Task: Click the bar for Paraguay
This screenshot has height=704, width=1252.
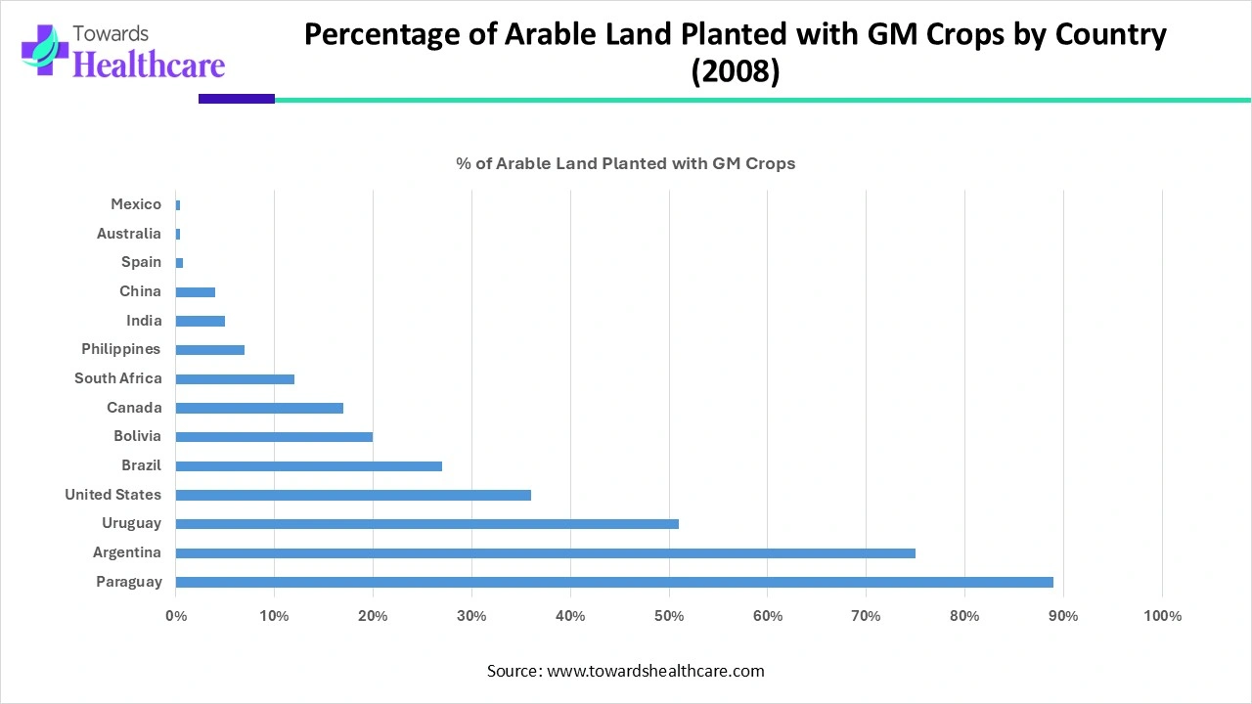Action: pyautogui.click(x=614, y=582)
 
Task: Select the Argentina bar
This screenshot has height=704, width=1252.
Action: pyautogui.click(x=545, y=552)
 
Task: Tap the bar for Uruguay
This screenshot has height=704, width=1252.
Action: pyautogui.click(x=426, y=523)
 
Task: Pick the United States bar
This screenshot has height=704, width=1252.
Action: pyautogui.click(x=353, y=495)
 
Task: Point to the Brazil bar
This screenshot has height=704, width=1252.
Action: pyautogui.click(x=308, y=465)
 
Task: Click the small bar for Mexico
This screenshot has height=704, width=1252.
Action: pyautogui.click(x=178, y=204)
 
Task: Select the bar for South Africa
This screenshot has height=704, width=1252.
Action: pyautogui.click(x=235, y=378)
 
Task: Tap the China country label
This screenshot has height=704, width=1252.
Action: pyautogui.click(x=140, y=291)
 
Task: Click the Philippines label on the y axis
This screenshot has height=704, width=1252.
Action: pyautogui.click(x=121, y=349)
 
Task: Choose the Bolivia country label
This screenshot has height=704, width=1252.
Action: pyautogui.click(x=137, y=436)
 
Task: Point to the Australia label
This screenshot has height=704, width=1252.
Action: pyautogui.click(x=129, y=234)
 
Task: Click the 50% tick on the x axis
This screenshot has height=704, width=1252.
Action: pyautogui.click(x=669, y=616)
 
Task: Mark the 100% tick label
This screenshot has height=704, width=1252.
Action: pyautogui.click(x=1162, y=616)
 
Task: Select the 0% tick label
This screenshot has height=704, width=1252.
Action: pyautogui.click(x=176, y=616)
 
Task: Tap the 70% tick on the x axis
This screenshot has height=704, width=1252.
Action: pyautogui.click(x=866, y=616)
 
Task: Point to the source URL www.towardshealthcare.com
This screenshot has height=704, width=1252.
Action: pyautogui.click(x=654, y=671)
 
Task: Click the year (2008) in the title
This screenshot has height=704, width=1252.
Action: pyautogui.click(x=736, y=72)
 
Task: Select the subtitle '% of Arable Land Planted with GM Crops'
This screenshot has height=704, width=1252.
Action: pyautogui.click(x=626, y=163)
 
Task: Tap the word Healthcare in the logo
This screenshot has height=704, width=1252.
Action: pyautogui.click(x=149, y=65)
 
